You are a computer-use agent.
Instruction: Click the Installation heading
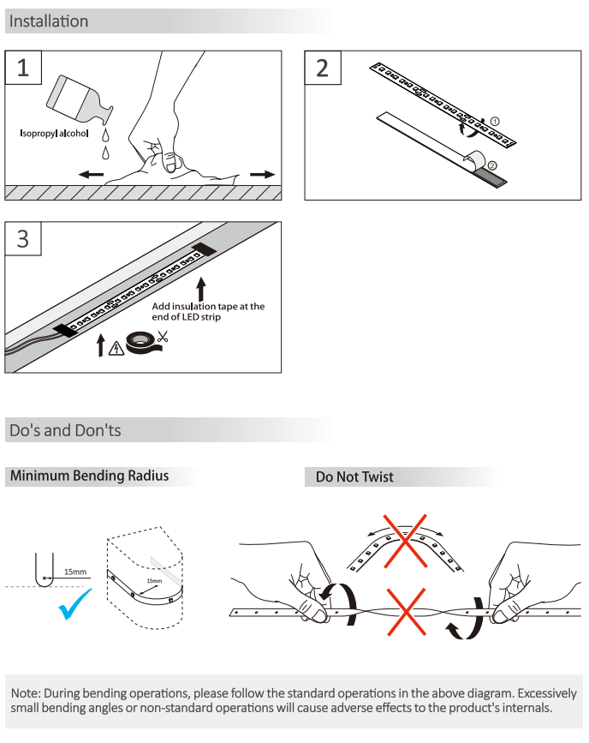click(x=49, y=21)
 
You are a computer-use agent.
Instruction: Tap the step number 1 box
click(x=23, y=68)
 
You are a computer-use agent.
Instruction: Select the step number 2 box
click(x=323, y=68)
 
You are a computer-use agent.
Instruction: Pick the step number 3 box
click(x=23, y=238)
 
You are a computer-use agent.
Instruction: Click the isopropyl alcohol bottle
click(x=79, y=100)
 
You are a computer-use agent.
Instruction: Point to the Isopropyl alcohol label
click(x=54, y=133)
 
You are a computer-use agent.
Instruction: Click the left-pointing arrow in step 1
click(x=91, y=174)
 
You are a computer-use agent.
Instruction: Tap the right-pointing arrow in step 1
click(x=263, y=174)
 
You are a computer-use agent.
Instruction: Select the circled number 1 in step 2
click(x=495, y=122)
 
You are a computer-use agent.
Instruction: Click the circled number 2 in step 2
click(x=492, y=165)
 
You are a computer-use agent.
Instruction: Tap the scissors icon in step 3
click(x=163, y=337)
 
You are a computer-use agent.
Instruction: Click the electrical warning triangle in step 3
click(x=116, y=349)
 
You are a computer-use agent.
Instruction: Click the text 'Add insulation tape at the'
click(x=208, y=306)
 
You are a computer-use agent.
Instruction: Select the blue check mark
click(x=74, y=603)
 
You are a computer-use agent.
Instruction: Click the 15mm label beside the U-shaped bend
click(x=75, y=572)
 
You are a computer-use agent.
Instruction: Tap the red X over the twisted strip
click(x=407, y=612)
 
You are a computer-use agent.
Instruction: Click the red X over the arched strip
click(x=405, y=541)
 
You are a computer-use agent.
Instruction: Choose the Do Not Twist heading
click(x=354, y=476)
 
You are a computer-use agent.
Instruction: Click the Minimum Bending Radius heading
click(x=90, y=476)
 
